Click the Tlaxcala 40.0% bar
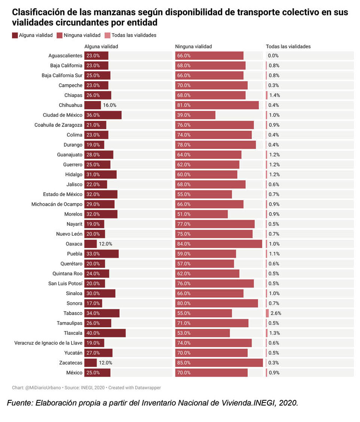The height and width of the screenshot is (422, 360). (105, 333)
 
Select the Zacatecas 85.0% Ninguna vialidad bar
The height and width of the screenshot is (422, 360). (219, 363)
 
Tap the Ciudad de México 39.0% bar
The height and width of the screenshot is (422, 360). (195, 115)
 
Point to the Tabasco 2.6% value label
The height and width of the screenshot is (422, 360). (275, 313)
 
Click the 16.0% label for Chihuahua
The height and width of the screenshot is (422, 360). (110, 105)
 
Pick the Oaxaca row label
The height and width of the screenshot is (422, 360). (74, 244)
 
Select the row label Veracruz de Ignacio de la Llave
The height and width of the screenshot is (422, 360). (48, 343)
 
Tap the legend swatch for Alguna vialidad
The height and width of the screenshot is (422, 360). (15, 35)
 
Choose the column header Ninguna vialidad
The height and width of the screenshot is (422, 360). (193, 47)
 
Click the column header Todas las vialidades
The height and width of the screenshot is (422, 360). (288, 47)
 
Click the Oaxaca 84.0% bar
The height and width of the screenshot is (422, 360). (219, 244)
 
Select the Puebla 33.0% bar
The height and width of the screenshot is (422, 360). (101, 254)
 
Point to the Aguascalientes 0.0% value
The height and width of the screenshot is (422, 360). (273, 56)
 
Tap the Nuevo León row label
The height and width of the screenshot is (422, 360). (69, 234)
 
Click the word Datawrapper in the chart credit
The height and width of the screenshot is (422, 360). (148, 388)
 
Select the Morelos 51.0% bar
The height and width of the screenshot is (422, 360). (201, 214)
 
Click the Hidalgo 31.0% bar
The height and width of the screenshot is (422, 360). (100, 174)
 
